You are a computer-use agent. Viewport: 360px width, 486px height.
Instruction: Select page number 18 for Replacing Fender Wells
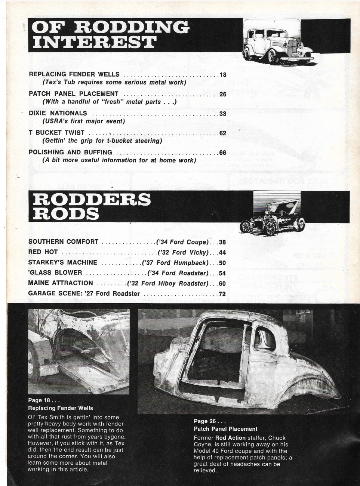pyautogui.click(x=223, y=74)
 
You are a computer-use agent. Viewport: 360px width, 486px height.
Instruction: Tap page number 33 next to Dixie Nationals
pyautogui.click(x=223, y=114)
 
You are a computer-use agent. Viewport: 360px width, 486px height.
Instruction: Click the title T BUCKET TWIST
pyautogui.click(x=56, y=133)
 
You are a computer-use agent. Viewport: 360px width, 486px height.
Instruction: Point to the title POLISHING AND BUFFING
pyautogui.click(x=70, y=152)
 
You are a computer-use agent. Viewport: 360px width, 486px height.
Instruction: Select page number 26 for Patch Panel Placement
pyautogui.click(x=223, y=94)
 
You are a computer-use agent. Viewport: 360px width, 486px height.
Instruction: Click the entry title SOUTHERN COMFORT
pyautogui.click(x=63, y=242)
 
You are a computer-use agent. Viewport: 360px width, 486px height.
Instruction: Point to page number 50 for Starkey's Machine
pyautogui.click(x=222, y=263)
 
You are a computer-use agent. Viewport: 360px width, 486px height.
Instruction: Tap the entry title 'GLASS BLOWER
pyautogui.click(x=55, y=273)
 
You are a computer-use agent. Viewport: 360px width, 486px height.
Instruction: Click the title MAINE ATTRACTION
pyautogui.click(x=61, y=283)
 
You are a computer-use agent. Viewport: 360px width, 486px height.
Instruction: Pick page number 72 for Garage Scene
pyautogui.click(x=222, y=294)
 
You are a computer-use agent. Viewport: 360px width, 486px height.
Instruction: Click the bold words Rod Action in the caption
pyautogui.click(x=230, y=438)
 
